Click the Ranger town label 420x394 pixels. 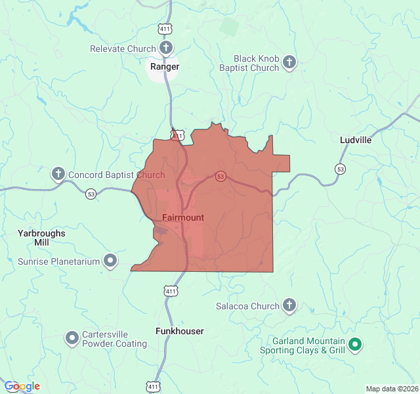coord(164,66)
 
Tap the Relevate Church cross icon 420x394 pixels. coord(167,48)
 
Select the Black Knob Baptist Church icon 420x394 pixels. coord(289,63)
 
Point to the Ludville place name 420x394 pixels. coord(356,140)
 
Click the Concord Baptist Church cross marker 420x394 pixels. coord(58,174)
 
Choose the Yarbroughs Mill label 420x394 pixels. coord(41,237)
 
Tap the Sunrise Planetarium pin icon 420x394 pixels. coord(111,261)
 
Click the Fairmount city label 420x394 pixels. coord(182,217)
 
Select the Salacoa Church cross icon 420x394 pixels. coord(289,305)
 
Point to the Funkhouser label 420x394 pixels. coord(179,331)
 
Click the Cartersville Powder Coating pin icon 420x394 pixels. coord(72,338)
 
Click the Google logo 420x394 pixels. coord(22,386)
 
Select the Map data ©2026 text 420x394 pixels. coord(391,389)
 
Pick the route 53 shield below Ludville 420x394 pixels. coord(340,169)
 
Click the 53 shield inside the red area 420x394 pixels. coord(220,176)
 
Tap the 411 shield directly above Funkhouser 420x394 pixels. coord(171,291)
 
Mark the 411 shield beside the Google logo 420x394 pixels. coord(154,387)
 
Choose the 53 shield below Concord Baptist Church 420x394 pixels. coord(91,193)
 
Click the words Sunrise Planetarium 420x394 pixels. coord(58,261)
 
